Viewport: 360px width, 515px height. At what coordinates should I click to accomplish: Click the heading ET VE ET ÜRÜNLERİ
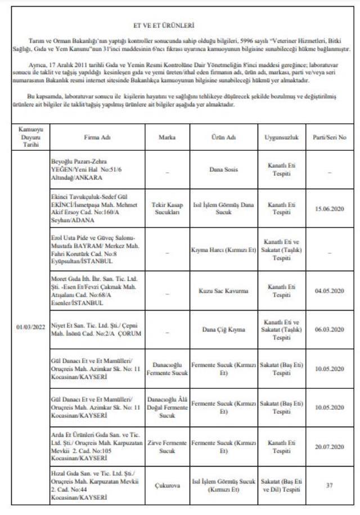180,26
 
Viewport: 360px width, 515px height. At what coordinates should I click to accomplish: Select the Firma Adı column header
97,137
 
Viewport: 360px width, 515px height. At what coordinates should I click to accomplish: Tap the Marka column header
167,137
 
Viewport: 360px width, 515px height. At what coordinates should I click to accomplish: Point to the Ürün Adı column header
223,137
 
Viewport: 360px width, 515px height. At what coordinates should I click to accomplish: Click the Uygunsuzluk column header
281,137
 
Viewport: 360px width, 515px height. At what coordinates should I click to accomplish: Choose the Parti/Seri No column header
334,137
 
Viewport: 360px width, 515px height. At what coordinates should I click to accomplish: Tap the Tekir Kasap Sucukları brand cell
167,209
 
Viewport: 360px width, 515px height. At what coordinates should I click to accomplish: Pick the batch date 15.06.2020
334,209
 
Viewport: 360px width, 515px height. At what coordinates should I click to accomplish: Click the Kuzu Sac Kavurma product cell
223,291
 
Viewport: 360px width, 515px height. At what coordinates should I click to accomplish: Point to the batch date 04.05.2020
334,291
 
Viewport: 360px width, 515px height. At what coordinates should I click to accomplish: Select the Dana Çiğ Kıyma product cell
223,329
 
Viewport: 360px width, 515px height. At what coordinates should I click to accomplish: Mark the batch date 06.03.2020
334,329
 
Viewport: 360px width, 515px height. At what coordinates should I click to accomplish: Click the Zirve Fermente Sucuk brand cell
167,447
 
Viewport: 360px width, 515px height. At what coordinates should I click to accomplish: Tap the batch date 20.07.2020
334,447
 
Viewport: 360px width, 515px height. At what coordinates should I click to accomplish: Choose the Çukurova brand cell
167,486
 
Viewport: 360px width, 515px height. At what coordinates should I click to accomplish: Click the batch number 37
334,486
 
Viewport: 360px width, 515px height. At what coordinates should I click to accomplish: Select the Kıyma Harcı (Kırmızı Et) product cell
223,249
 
